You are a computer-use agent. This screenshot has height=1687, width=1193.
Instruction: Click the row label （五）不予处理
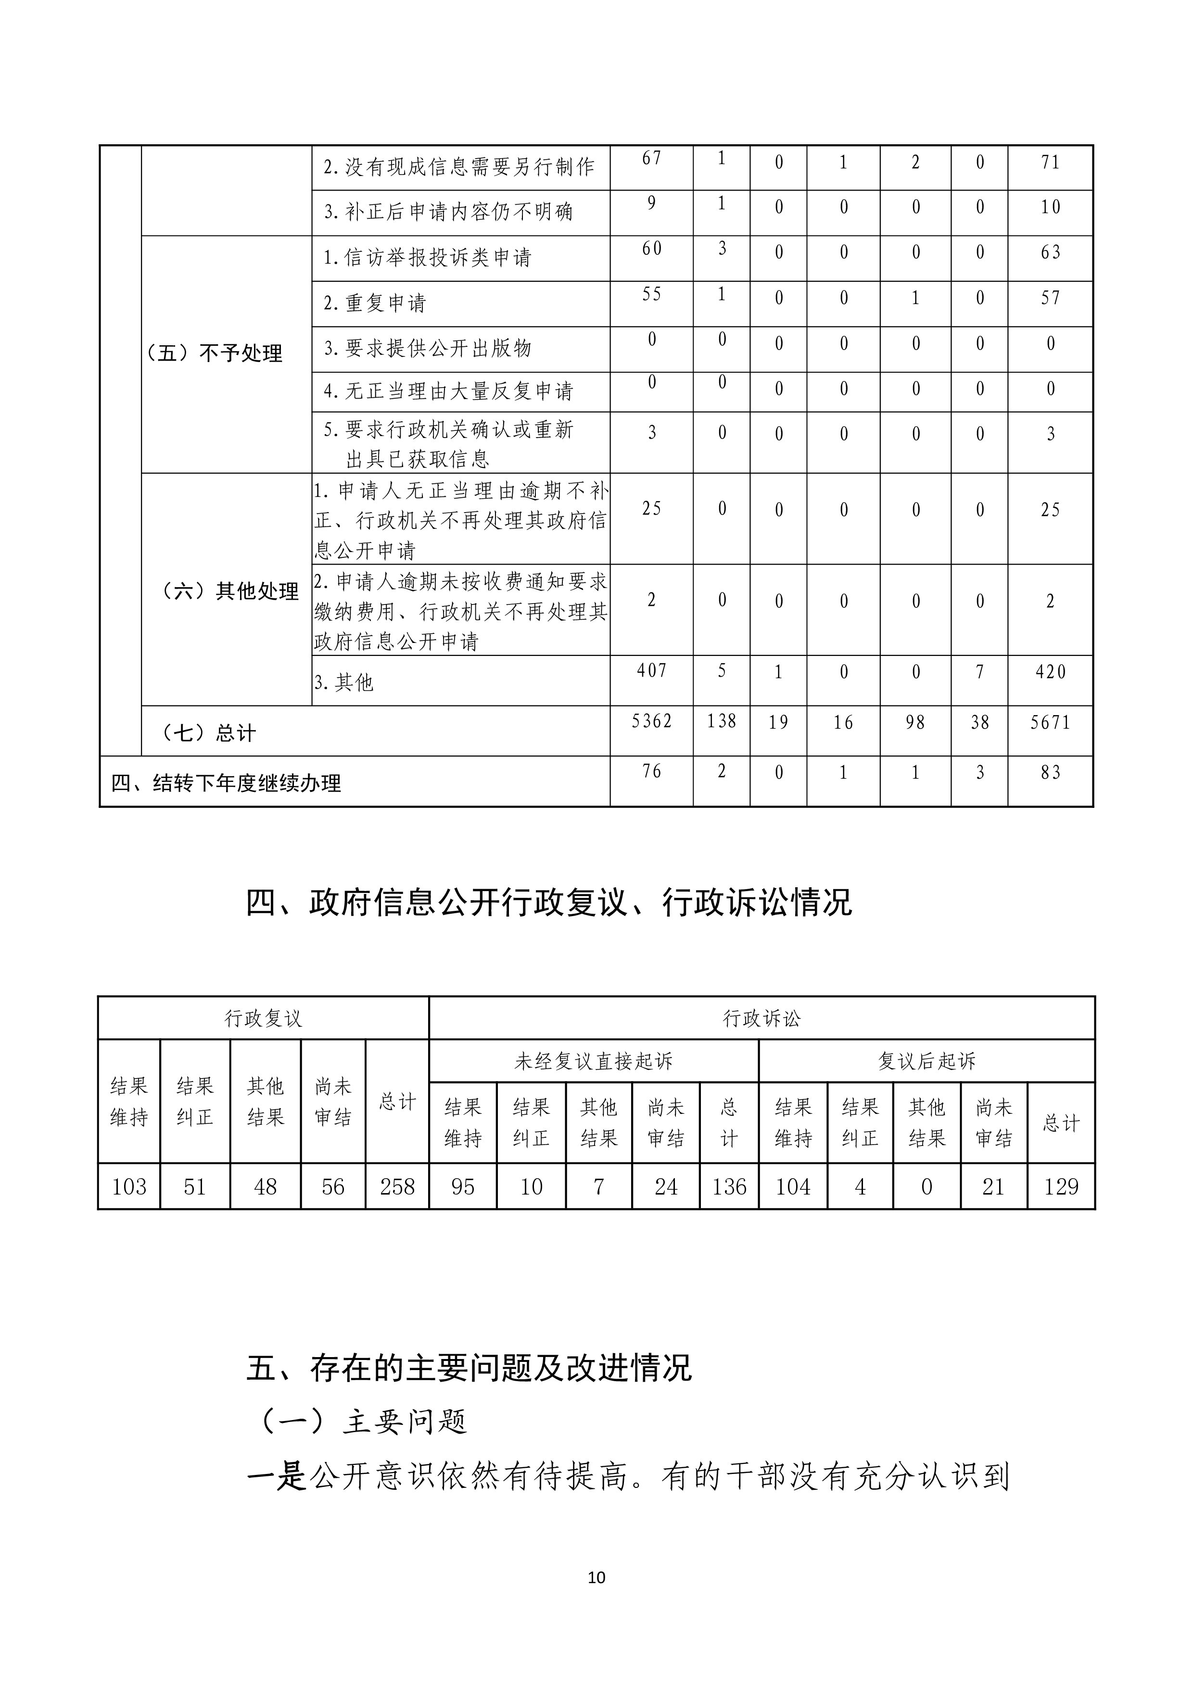pos(215,353)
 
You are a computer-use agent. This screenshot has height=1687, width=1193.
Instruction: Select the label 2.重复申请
pos(375,302)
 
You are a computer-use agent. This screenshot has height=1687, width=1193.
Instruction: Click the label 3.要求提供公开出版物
pos(427,348)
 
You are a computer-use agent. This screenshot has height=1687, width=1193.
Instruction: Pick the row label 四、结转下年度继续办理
pos(227,783)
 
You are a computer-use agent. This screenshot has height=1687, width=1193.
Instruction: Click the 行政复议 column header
pos(263,1019)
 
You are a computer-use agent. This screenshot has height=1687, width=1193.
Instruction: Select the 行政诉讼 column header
pos(761,1019)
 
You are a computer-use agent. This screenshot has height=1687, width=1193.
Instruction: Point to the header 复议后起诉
pos(926,1061)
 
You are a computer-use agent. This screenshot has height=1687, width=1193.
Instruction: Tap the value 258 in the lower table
pos(397,1187)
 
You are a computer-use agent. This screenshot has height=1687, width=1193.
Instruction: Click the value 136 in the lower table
pos(728,1187)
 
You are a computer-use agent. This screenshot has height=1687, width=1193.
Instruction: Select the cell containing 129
pos(1061,1187)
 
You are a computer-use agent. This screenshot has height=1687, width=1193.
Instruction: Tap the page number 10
pos(596,1577)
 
